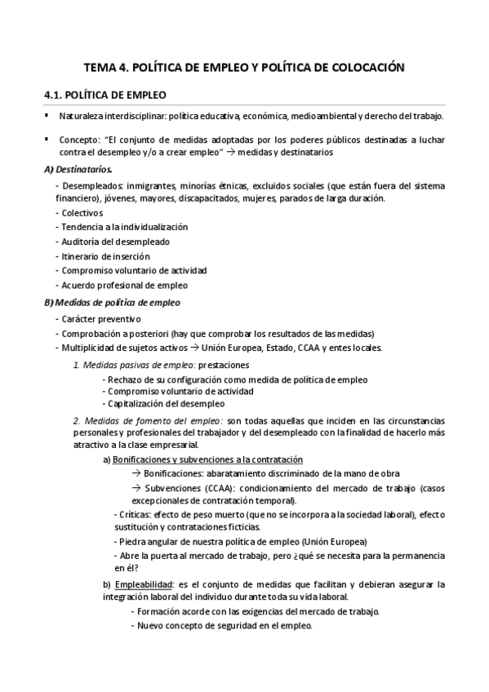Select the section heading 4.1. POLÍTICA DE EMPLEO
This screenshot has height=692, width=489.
tap(105, 94)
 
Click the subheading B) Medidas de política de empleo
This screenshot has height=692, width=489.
tap(112, 303)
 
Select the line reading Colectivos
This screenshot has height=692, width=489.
tap(82, 213)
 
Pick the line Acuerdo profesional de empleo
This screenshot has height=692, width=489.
tap(122, 285)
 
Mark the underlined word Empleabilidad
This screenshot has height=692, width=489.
tap(143, 584)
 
